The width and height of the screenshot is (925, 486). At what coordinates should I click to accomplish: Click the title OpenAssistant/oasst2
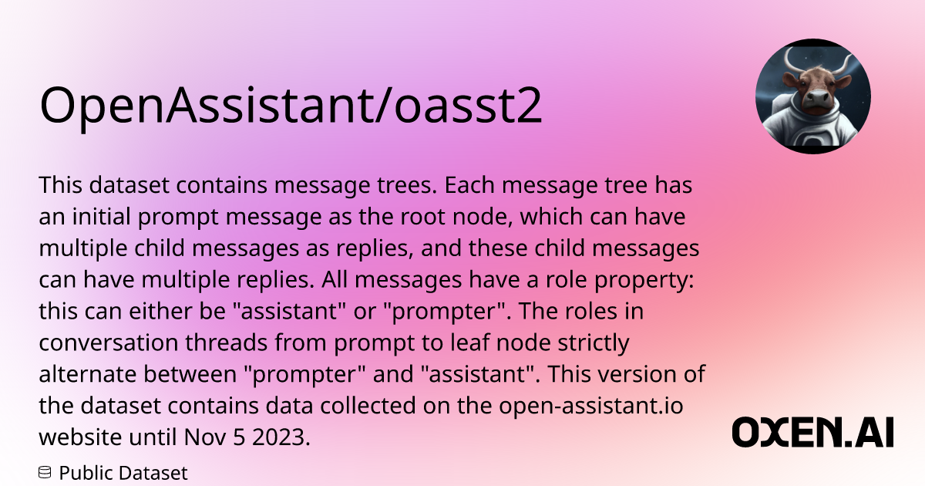pyautogui.click(x=291, y=106)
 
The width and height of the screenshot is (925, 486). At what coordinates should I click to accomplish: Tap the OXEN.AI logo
pyautogui.click(x=812, y=432)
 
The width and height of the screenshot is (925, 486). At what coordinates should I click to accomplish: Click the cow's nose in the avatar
pyautogui.click(x=818, y=99)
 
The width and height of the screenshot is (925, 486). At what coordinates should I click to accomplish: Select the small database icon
pyautogui.click(x=45, y=472)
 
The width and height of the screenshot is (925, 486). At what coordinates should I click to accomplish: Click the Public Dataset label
pyautogui.click(x=123, y=473)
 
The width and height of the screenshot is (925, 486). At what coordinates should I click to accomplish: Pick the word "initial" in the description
pyautogui.click(x=102, y=216)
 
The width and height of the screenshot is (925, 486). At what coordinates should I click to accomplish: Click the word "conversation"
pyautogui.click(x=108, y=343)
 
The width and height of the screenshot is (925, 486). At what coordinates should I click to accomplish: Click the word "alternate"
pyautogui.click(x=88, y=374)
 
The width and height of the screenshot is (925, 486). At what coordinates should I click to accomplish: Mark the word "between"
pyautogui.click(x=190, y=374)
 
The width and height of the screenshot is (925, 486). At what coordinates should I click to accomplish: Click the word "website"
pyautogui.click(x=80, y=437)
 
